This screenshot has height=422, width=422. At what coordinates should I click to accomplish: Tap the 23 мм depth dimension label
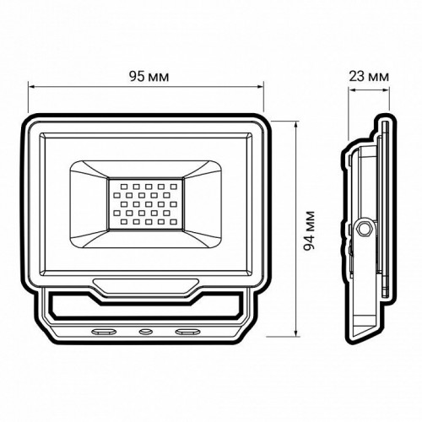(369, 77)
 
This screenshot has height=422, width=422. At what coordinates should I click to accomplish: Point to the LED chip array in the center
(144, 203)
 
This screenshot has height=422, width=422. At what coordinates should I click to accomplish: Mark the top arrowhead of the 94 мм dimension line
(297, 120)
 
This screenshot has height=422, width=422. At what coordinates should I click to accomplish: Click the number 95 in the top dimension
(136, 77)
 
